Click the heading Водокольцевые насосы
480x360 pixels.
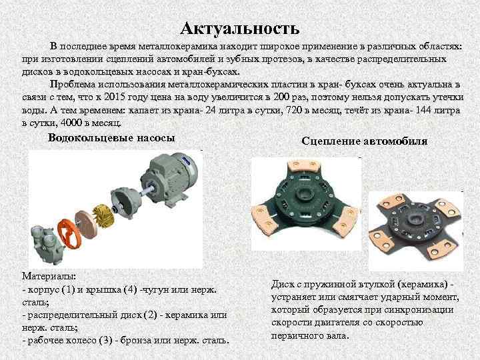(111, 138)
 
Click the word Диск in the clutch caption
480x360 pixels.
(283, 283)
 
